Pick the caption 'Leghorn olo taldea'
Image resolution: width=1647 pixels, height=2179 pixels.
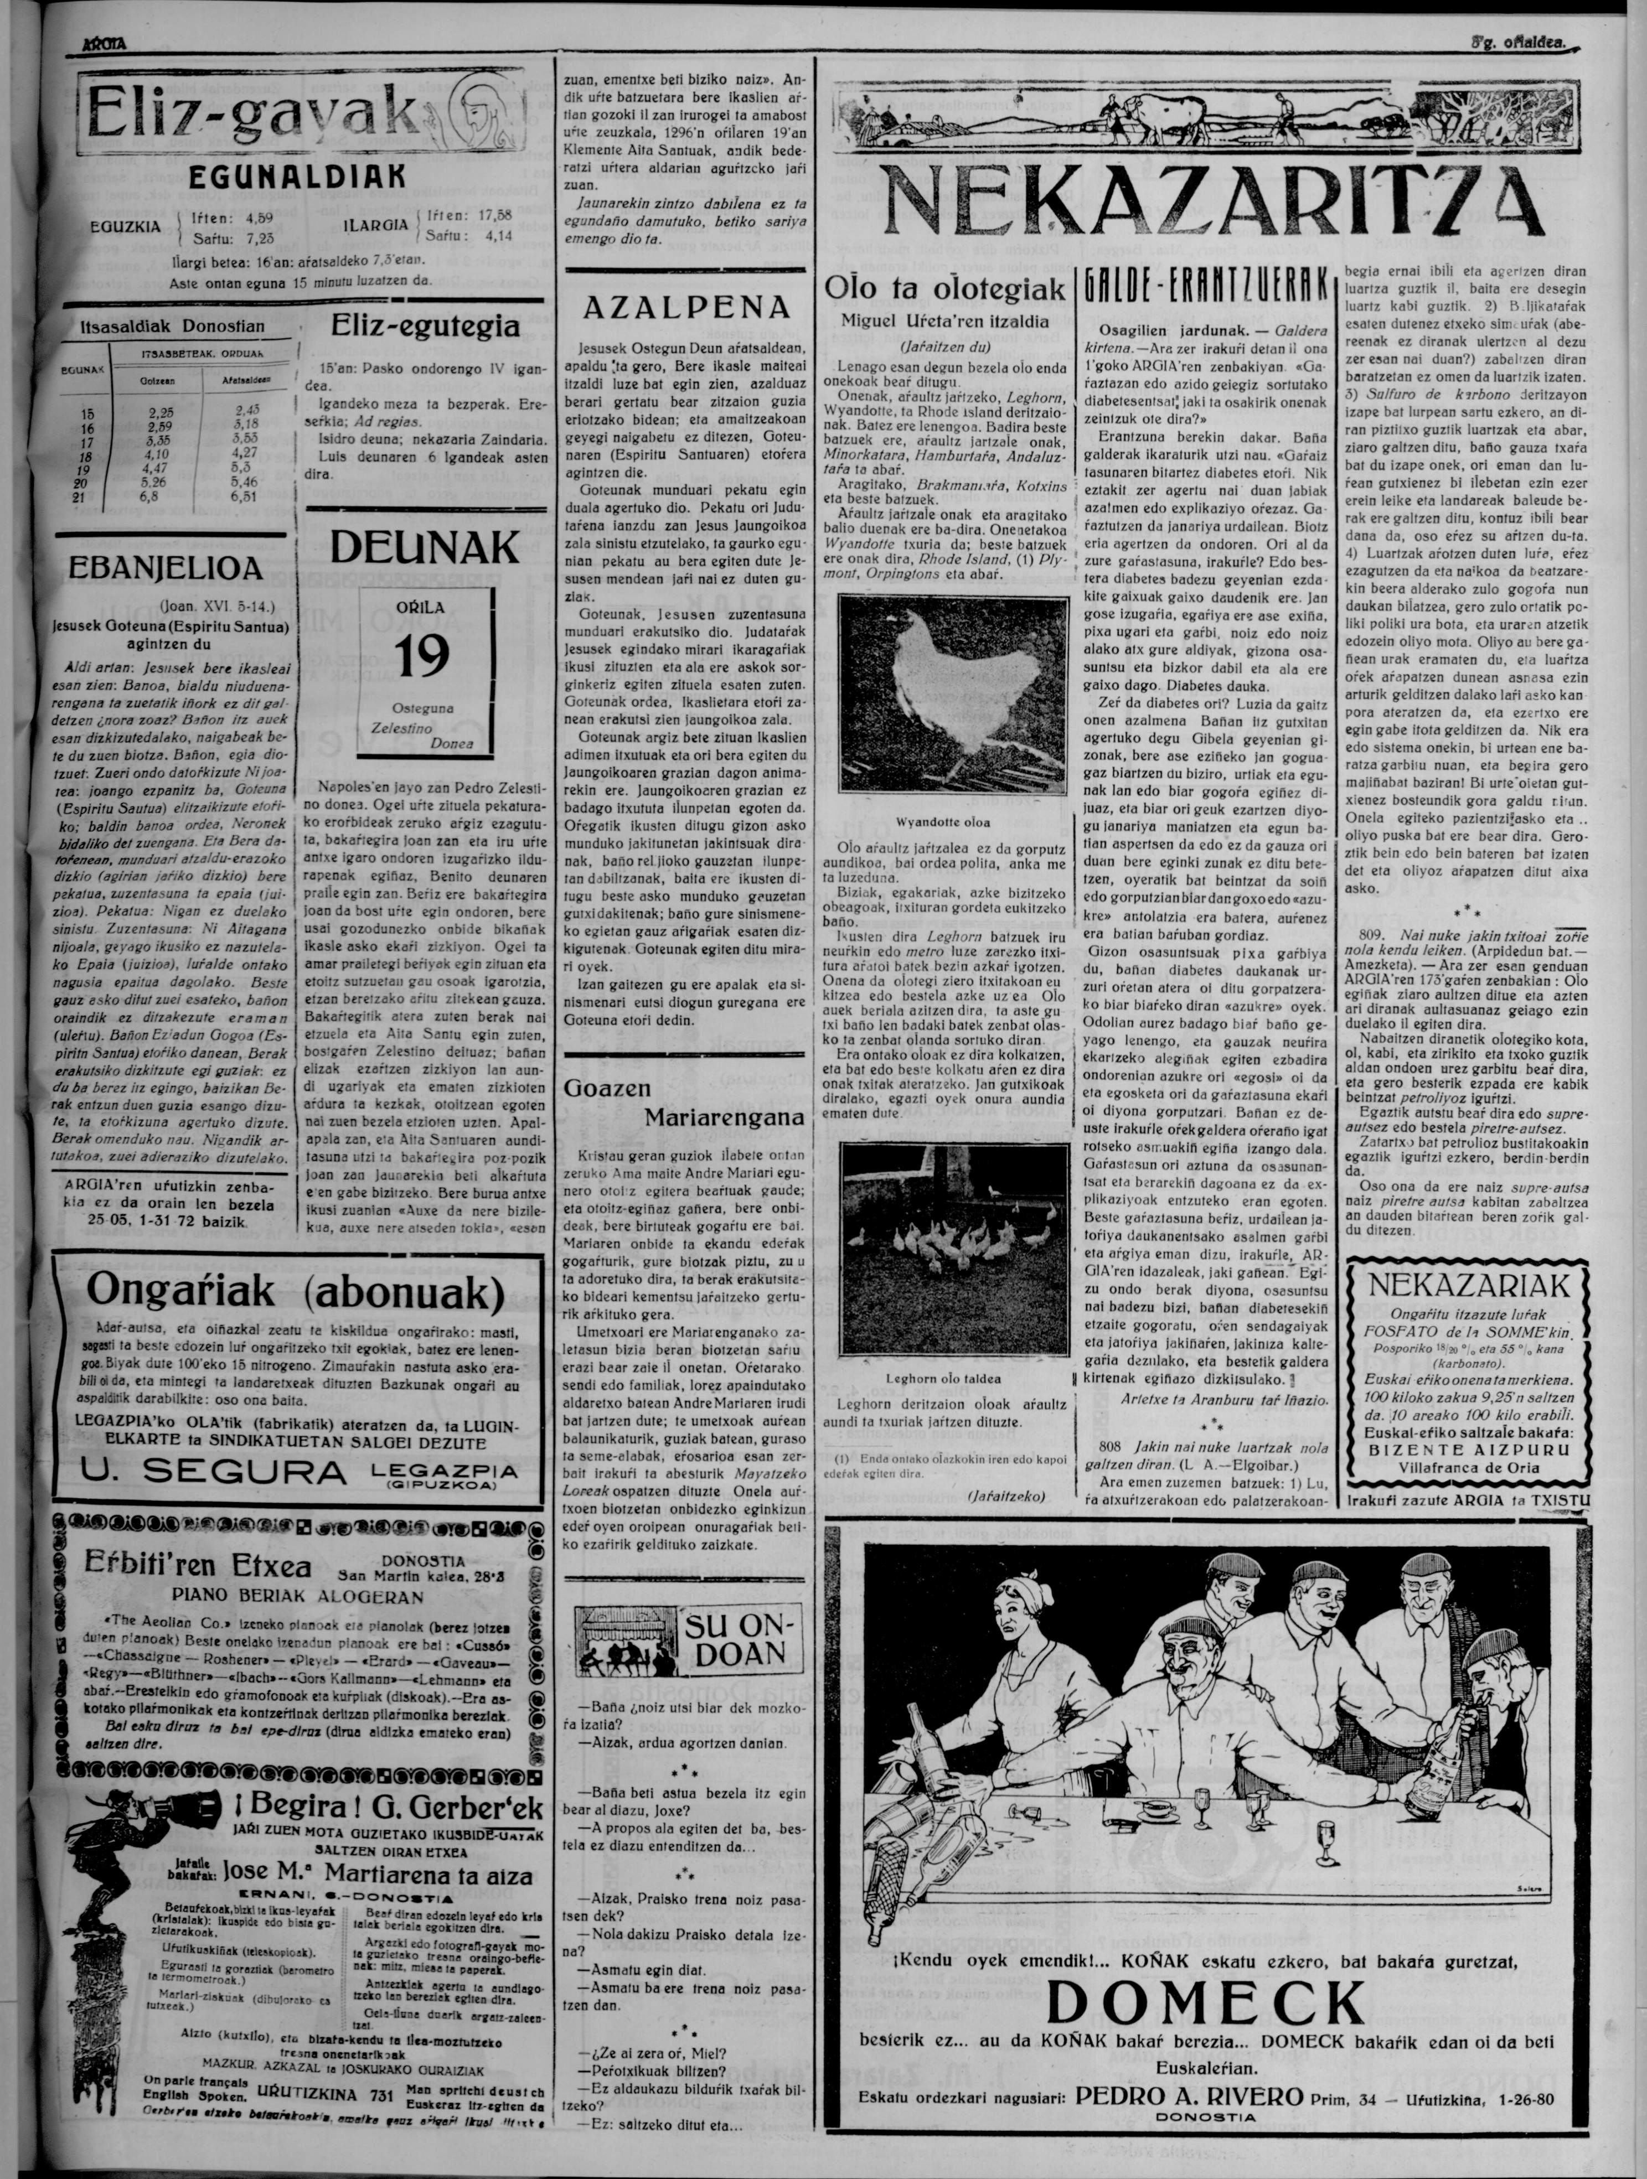(x=943, y=1379)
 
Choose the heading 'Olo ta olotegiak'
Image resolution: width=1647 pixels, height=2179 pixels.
(x=944, y=288)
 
